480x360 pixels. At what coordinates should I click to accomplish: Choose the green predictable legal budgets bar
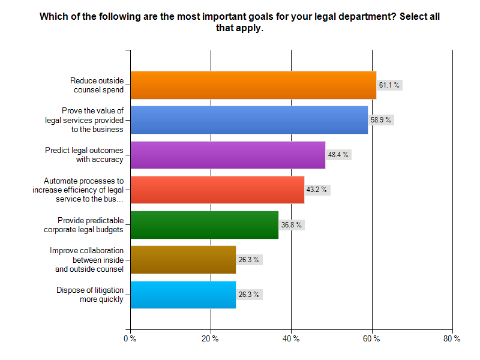204,225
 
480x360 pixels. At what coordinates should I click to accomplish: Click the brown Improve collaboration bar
183,260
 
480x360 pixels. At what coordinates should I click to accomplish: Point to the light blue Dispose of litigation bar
183,295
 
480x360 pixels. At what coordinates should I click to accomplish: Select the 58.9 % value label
381,120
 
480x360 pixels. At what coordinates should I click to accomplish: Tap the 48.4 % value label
338,155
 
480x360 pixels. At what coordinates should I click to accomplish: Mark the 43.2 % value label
317,190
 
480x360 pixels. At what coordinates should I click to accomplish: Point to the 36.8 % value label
292,225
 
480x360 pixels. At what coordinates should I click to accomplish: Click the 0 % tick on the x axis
130,339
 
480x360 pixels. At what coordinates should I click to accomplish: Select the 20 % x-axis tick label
210,339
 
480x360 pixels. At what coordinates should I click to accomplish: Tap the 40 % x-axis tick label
290,339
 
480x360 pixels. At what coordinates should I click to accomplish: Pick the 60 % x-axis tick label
371,339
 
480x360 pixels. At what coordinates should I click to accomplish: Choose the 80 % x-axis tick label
452,339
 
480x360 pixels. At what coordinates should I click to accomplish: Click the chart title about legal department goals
240,22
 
